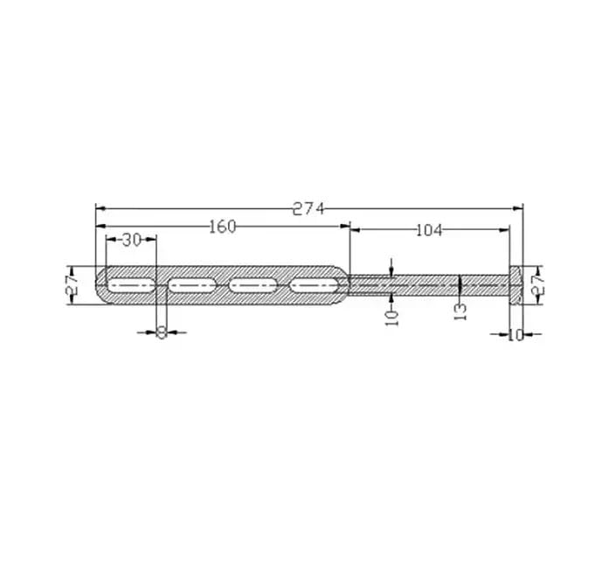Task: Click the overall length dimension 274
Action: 308,208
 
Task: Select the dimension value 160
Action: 222,227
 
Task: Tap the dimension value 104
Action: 429,230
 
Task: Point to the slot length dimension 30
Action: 131,240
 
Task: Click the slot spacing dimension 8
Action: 161,332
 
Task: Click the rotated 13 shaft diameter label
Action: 460,310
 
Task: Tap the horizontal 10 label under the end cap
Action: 516,334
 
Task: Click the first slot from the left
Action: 131,284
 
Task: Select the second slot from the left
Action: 192,284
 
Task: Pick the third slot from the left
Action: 253,284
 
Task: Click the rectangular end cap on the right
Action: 516,284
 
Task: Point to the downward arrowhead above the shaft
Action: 391,273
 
